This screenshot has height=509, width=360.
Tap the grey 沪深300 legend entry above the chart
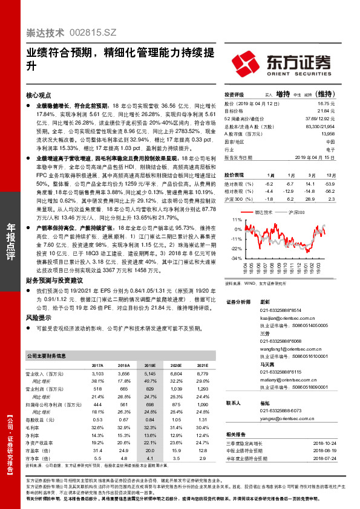(x=295, y=213)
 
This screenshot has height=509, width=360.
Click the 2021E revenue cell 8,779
(x=203, y=375)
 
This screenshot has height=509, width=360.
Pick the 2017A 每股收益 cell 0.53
(x=97, y=420)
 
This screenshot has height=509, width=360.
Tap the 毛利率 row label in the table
(x=33, y=428)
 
